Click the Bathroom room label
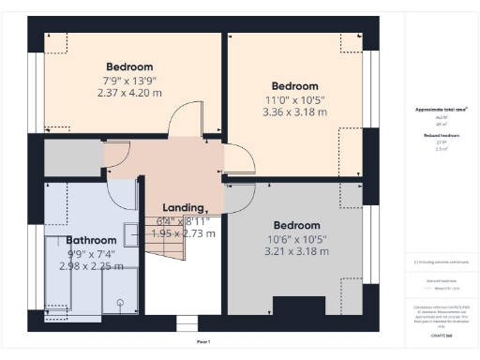[x=91, y=240]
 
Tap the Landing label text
[x=184, y=207]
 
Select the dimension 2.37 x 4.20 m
[x=129, y=93]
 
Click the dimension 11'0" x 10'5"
[x=295, y=98]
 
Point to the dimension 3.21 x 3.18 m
[x=296, y=251]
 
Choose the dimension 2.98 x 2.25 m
[x=91, y=265]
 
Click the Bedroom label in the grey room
[x=296, y=225]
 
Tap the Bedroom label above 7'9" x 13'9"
[x=129, y=67]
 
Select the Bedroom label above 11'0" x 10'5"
[x=295, y=85]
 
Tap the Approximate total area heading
[x=441, y=110]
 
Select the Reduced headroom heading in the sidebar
[x=441, y=135]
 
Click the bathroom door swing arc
[x=120, y=192]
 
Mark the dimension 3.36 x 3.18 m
[x=295, y=112]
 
